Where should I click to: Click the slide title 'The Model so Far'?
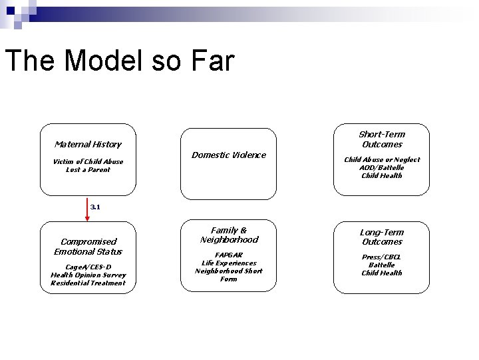click(120, 61)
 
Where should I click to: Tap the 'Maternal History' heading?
click(88, 144)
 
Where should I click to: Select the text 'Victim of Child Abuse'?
click(88, 161)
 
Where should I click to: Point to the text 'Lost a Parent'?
click(88, 169)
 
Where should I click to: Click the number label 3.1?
click(95, 207)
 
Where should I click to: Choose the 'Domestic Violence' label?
click(228, 155)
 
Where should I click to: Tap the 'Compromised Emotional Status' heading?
click(88, 246)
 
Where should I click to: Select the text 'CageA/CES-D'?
click(88, 267)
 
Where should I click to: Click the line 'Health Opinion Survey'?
click(88, 275)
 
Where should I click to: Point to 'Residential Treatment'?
click(88, 283)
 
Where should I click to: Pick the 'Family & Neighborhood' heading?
click(228, 235)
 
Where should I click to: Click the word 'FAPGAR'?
click(228, 255)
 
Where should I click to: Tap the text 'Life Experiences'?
click(228, 263)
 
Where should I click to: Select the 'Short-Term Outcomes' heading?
click(381, 139)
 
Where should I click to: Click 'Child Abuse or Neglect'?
click(381, 159)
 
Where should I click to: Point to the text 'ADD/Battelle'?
click(381, 167)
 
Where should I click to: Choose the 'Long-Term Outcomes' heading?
click(381, 237)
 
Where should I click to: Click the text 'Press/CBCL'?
click(381, 257)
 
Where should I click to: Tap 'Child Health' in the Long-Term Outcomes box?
click(381, 273)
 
